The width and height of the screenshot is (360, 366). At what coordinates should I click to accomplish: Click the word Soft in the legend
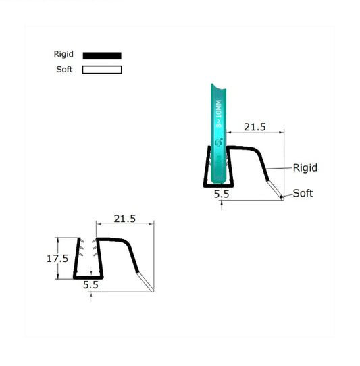64,70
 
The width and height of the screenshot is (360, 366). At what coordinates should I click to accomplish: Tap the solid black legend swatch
102,55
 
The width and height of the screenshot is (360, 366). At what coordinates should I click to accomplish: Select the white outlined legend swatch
102,70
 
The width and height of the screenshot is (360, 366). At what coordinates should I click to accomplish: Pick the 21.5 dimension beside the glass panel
254,127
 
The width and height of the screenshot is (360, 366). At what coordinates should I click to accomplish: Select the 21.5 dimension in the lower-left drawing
125,219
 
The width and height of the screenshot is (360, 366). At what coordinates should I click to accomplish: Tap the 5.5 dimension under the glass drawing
222,194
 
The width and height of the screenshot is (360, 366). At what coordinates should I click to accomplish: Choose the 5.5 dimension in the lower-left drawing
91,285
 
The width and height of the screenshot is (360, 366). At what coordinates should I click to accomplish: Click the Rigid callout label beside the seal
305,167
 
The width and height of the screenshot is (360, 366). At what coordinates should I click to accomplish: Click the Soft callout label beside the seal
303,193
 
